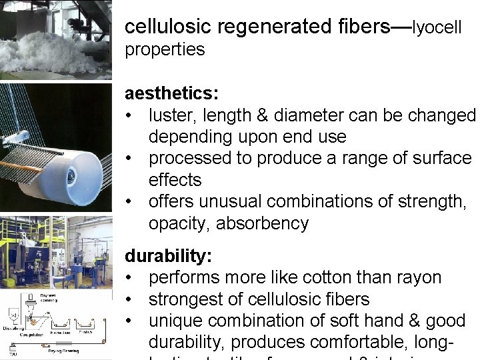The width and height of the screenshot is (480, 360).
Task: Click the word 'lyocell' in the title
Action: pos(437,27)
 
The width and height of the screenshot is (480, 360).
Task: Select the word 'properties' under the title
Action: pos(165,49)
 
